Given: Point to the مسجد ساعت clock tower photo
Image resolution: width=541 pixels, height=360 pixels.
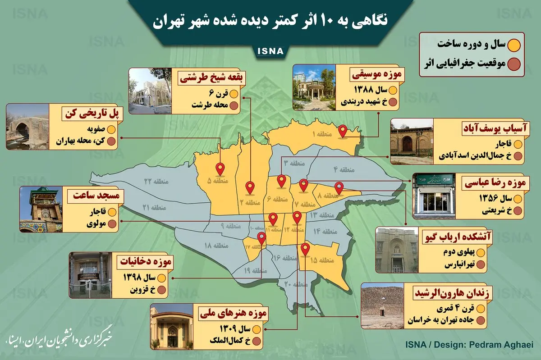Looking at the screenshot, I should coord(41,210).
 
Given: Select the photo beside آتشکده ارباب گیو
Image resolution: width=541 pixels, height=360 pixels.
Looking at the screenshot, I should coord(397,250).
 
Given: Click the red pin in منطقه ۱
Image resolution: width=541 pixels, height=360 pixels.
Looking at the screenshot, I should coord(343,131).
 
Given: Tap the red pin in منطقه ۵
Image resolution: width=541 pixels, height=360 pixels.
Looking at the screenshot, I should coord(220,169).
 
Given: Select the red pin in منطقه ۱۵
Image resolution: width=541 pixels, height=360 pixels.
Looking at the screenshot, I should coord(305,249).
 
